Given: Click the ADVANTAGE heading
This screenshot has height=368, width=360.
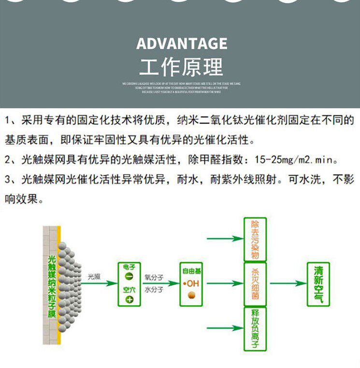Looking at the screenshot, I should (x=181, y=43).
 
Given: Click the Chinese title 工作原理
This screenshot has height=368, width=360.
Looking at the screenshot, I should (x=181, y=67).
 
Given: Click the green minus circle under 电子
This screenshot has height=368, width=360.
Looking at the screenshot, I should (x=129, y=276).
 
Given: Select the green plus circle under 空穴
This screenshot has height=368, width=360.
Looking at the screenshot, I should (x=129, y=299).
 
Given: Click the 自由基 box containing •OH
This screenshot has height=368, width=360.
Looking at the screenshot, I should (x=191, y=284).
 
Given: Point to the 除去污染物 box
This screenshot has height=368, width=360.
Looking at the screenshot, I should (x=255, y=240).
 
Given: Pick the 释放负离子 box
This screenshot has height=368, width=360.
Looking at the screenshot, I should (x=255, y=329).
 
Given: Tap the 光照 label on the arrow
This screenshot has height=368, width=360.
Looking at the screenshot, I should (x=94, y=277).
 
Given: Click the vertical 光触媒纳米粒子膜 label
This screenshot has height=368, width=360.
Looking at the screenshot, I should (x=53, y=285).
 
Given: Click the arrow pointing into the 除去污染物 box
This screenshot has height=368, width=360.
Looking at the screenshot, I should (x=225, y=239).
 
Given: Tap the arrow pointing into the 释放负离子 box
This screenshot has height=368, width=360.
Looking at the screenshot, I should (x=225, y=328).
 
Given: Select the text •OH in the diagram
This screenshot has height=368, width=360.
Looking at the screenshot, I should (x=191, y=283).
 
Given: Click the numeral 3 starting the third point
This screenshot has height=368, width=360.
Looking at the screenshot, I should (x=8, y=180).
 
